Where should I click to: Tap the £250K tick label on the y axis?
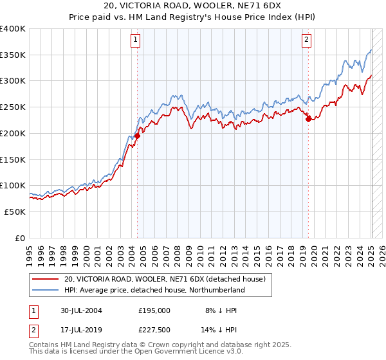[x=13, y=107]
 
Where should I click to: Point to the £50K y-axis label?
[x=15, y=212]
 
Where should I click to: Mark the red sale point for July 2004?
[x=138, y=136]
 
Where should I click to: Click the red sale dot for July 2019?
[x=308, y=119]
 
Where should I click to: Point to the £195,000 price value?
[x=154, y=310]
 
